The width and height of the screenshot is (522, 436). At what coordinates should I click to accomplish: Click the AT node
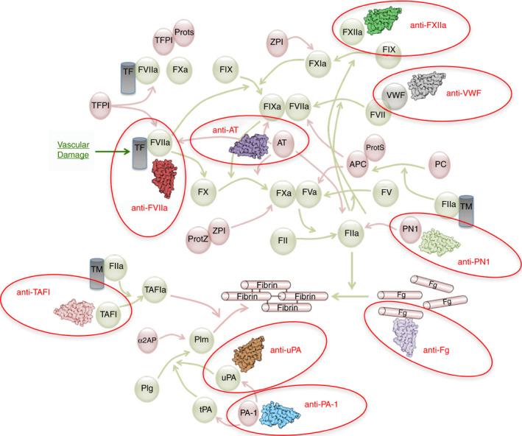click(x=281, y=144)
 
